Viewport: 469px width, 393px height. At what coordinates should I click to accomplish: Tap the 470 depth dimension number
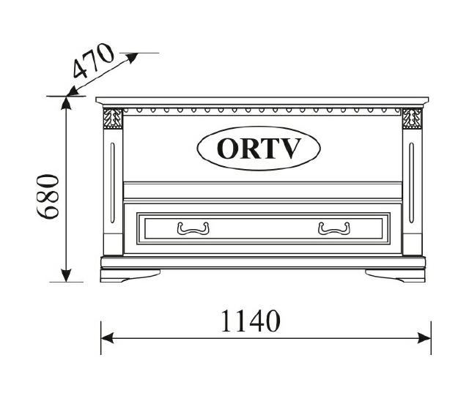coord(94,61)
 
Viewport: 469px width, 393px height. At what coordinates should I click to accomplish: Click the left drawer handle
coord(193,229)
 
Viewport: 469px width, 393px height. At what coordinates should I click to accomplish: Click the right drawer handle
coord(334,229)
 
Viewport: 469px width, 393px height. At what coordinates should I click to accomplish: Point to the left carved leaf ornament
coord(113,119)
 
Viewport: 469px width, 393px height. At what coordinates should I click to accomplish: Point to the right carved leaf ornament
coord(412,119)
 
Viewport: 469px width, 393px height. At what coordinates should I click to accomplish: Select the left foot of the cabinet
coord(130,275)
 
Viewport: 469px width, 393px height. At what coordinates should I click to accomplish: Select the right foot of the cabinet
coord(395,275)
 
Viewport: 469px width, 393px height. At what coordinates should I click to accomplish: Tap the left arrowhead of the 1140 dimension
coord(107,337)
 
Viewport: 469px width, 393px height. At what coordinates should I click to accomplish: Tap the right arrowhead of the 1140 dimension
coord(425,337)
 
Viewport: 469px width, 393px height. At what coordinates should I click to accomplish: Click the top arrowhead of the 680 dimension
coord(67,103)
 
